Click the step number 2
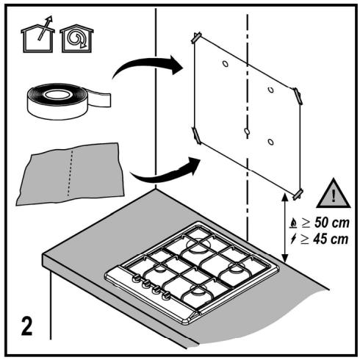26,326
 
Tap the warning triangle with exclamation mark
333,194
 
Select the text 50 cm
331,223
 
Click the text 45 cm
331,239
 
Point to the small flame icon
293,223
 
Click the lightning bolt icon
293,239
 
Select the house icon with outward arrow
38,35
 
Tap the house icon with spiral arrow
76,38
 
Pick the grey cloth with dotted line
70,173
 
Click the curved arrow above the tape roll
148,65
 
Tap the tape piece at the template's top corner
196,37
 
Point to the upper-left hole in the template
226,64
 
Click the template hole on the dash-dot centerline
247,132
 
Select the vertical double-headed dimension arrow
284,228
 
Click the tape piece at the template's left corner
197,135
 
